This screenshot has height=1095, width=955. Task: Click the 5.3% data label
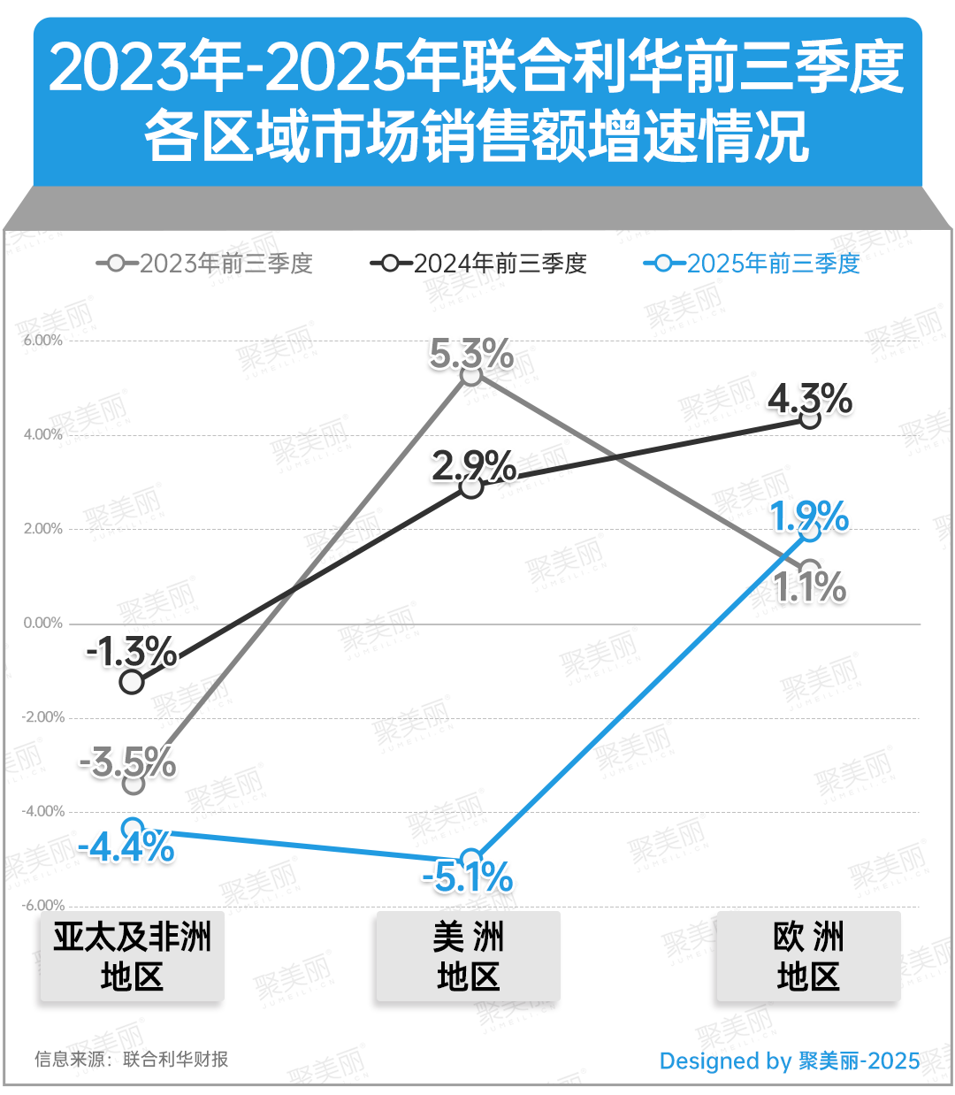point(471,354)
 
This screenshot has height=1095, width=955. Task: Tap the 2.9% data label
point(474,465)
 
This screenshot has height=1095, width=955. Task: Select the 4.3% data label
point(810,399)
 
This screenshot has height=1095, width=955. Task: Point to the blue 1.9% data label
point(809,517)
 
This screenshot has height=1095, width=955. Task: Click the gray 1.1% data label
point(810,587)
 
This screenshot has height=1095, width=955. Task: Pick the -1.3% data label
point(132,653)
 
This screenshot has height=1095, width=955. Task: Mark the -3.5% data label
point(128,762)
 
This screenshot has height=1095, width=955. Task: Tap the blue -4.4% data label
point(126,847)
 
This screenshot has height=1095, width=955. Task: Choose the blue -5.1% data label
point(468,877)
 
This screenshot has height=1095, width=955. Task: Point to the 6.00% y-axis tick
point(42,341)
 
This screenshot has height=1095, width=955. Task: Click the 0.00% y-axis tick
point(42,624)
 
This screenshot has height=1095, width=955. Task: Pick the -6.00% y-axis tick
point(42,906)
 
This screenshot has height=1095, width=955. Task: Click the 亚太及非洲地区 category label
point(132,957)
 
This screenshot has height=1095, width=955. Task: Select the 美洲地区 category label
point(468,957)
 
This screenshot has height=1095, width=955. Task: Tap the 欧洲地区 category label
point(808,957)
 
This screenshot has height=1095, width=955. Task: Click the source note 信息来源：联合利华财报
point(131,1059)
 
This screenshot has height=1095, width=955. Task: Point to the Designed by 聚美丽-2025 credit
point(789,1061)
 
